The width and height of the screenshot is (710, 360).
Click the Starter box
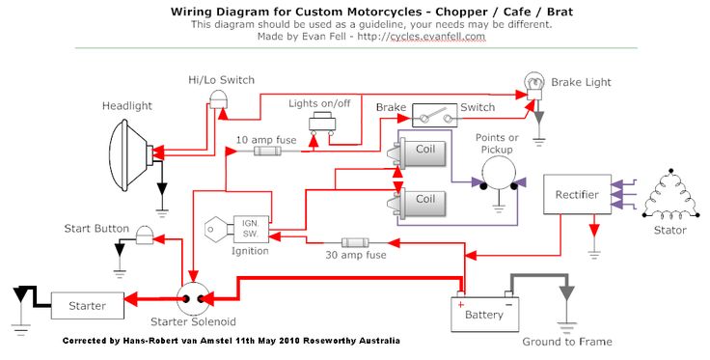(88, 306)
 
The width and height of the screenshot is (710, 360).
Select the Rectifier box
(576, 195)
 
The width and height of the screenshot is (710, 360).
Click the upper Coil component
(423, 151)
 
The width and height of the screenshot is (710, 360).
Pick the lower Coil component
(423, 199)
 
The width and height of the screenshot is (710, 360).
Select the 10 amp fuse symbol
(267, 151)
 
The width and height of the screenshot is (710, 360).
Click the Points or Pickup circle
(498, 180)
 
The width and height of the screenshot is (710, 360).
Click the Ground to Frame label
(566, 342)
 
